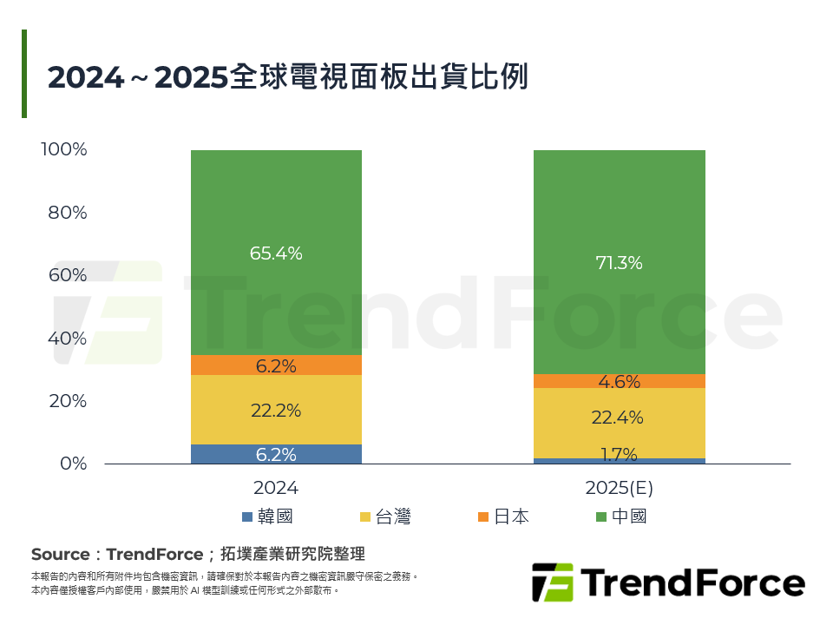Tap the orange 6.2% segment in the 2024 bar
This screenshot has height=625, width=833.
point(276,365)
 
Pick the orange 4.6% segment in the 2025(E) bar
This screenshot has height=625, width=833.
point(619,381)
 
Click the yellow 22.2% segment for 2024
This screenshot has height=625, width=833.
point(276,410)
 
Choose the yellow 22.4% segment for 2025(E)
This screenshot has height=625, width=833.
point(619,418)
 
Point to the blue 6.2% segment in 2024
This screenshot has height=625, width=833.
point(276,454)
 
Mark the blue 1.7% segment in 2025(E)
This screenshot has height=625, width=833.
point(619,461)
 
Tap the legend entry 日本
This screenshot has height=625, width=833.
point(502,516)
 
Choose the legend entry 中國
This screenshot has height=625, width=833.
point(620,516)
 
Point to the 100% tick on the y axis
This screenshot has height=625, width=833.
point(64,149)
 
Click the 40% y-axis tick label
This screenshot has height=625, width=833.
point(68,338)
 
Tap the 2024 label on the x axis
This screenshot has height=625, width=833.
point(276,489)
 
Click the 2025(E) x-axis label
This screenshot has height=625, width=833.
point(619,489)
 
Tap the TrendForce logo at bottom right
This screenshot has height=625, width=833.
point(668,582)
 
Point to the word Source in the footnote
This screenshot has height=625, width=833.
point(60,554)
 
